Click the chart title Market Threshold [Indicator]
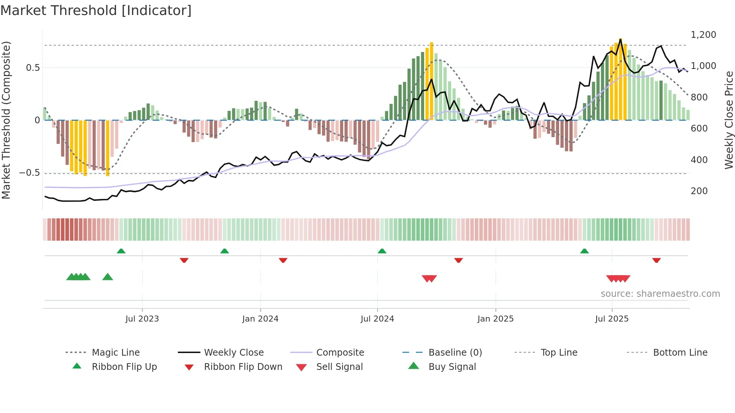pos(96,10)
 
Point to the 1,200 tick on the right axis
pos(703,35)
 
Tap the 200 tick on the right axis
pos(699,191)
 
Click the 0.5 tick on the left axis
pos(33,68)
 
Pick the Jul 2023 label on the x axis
pos(142,319)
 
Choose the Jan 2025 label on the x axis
pos(495,319)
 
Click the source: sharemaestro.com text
pos(660,294)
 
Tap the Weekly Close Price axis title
pos(729,120)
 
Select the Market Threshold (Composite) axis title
pos(6,120)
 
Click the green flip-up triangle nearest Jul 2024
pos(382,251)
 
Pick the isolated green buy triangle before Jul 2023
pos(108,277)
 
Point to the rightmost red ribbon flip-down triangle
pos(656,260)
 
